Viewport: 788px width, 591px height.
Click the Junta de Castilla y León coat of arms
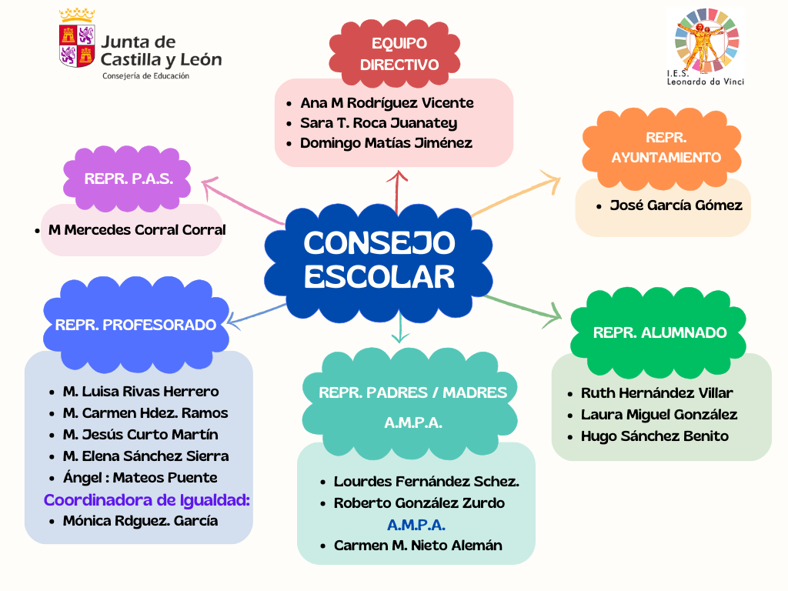point(76,45)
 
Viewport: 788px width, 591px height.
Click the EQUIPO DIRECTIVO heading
point(399,54)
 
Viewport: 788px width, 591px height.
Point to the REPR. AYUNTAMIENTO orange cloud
point(666,147)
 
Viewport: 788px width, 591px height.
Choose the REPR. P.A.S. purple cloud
point(129,179)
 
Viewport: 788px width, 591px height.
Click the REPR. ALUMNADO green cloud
point(659,332)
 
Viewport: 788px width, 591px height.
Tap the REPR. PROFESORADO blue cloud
point(135,324)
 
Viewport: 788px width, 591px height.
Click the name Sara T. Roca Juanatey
point(378,123)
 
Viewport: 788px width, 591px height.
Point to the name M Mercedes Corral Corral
point(137,230)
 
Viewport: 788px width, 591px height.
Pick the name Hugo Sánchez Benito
point(654,436)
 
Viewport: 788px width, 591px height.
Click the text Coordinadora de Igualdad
point(147,500)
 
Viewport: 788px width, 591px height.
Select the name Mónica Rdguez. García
point(140,521)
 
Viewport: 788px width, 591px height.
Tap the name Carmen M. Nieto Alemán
point(418,546)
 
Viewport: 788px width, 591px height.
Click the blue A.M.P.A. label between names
point(416,525)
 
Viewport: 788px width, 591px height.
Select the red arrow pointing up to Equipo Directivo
point(397,191)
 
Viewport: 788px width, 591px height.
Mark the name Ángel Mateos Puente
point(140,478)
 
